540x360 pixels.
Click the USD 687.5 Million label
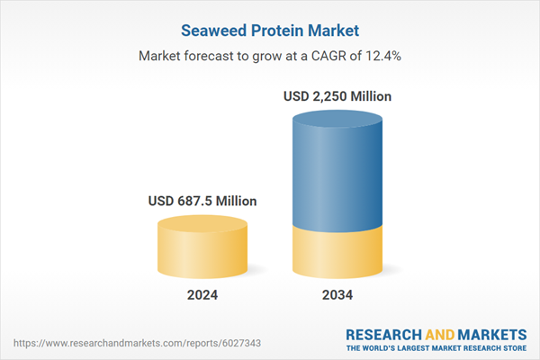(202, 202)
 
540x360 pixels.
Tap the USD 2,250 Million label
(338, 95)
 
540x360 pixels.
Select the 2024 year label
(202, 295)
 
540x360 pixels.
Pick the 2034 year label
(338, 295)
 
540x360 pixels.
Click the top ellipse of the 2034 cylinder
(338, 121)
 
